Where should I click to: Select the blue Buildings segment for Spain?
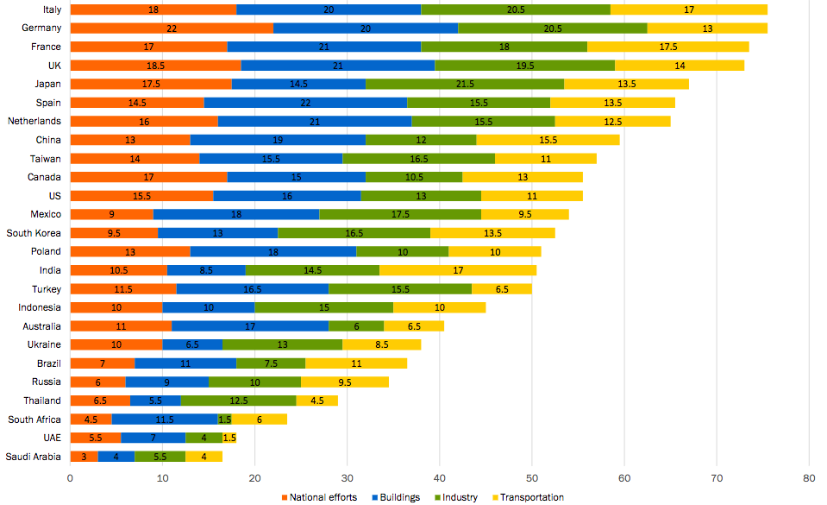pos(305,103)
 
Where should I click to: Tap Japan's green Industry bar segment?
pos(465,84)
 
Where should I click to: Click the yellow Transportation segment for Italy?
pos(689,9)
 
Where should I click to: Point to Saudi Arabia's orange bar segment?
pos(84,457)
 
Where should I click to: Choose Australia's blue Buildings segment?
pos(250,326)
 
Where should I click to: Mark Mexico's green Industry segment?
pos(400,214)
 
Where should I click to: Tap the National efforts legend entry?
pos(319,497)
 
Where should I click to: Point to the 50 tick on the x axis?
pos(531,477)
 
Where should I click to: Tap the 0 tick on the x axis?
pos(70,477)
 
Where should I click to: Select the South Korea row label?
pos(34,233)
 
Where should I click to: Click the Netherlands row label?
pos(34,121)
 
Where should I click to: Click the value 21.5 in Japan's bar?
pos(465,84)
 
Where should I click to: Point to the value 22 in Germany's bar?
pos(172,28)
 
